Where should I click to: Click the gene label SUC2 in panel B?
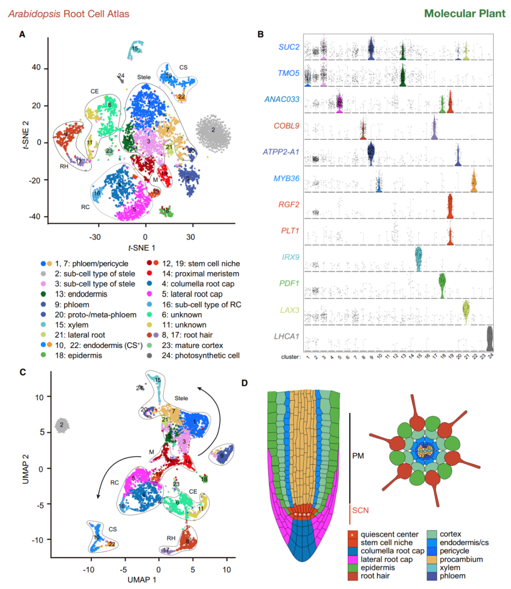tap(289, 47)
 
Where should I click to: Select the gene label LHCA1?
tap(287, 336)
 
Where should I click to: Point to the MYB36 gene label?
tap(287, 178)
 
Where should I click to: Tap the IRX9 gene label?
tap(291, 257)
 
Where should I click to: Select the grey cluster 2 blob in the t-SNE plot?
tap(213, 132)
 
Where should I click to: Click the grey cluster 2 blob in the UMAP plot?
tap(62, 425)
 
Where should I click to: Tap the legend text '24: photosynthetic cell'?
tap(200, 355)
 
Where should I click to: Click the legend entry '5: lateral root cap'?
tap(192, 294)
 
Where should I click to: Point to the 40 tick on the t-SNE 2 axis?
tap(36, 68)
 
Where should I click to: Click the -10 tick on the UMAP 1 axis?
tap(88, 570)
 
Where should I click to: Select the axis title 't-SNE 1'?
tap(141, 248)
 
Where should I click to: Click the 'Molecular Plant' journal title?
tap(465, 13)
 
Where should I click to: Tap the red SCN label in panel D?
tap(360, 510)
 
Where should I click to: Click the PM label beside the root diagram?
tap(358, 456)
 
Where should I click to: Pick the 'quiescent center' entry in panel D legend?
tap(389, 535)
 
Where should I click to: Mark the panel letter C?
tap(23, 372)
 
